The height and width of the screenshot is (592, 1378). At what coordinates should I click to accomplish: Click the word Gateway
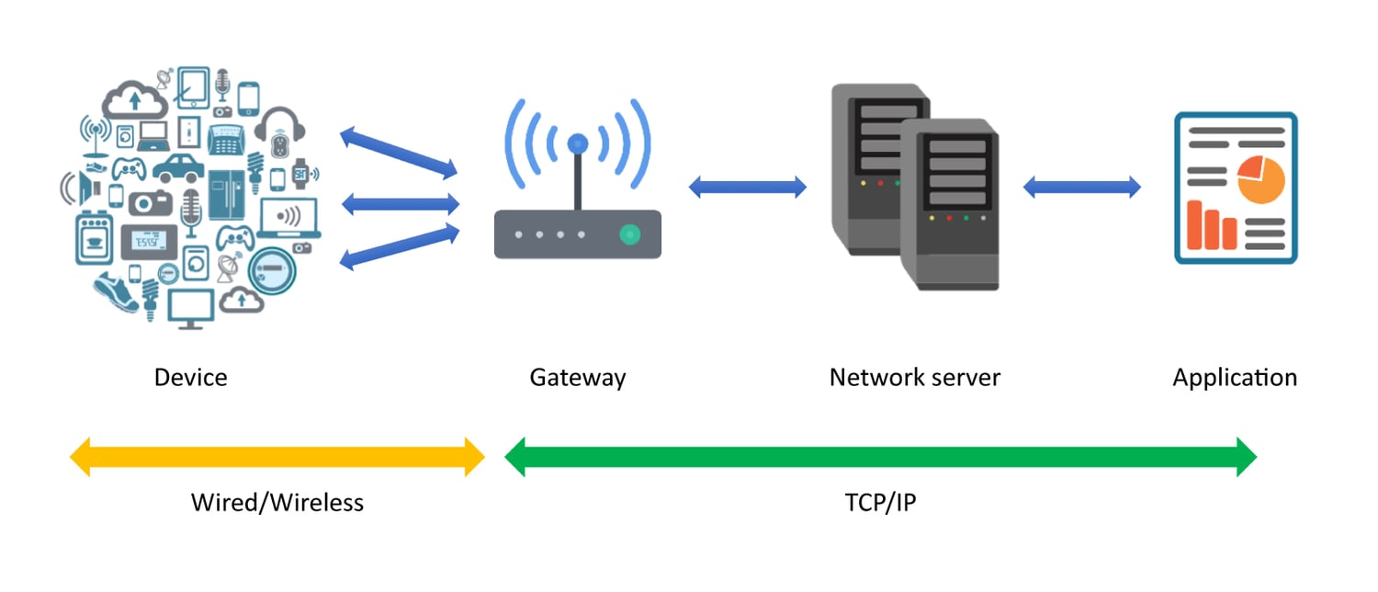tap(577, 377)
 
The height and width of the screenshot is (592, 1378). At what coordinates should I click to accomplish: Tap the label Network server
tap(914, 377)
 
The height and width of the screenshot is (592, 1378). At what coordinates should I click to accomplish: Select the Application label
tap(1234, 377)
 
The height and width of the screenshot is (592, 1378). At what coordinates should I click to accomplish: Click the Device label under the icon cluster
tap(190, 377)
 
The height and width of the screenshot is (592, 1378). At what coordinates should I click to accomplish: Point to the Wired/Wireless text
tap(277, 502)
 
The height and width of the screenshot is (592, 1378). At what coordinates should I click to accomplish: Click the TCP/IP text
tap(880, 502)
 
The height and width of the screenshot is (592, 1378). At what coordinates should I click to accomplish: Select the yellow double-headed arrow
tap(277, 457)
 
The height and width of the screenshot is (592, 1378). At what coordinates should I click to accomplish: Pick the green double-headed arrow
tap(880, 457)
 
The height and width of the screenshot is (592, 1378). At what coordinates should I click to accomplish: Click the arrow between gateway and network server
tap(747, 188)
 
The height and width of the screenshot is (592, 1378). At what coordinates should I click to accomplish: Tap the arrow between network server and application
tap(1081, 188)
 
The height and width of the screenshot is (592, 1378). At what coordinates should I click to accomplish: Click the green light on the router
tap(629, 234)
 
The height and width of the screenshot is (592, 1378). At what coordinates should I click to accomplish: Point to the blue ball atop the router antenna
tap(577, 143)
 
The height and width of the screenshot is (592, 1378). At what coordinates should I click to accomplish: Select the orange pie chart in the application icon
tap(1259, 178)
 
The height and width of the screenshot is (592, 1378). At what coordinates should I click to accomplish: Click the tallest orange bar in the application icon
tap(1193, 225)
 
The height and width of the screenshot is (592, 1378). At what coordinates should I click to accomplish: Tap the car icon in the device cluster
tap(177, 167)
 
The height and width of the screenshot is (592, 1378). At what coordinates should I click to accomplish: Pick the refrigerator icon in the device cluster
tap(225, 193)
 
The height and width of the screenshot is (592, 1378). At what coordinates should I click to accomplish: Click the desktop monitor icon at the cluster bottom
tap(190, 307)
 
